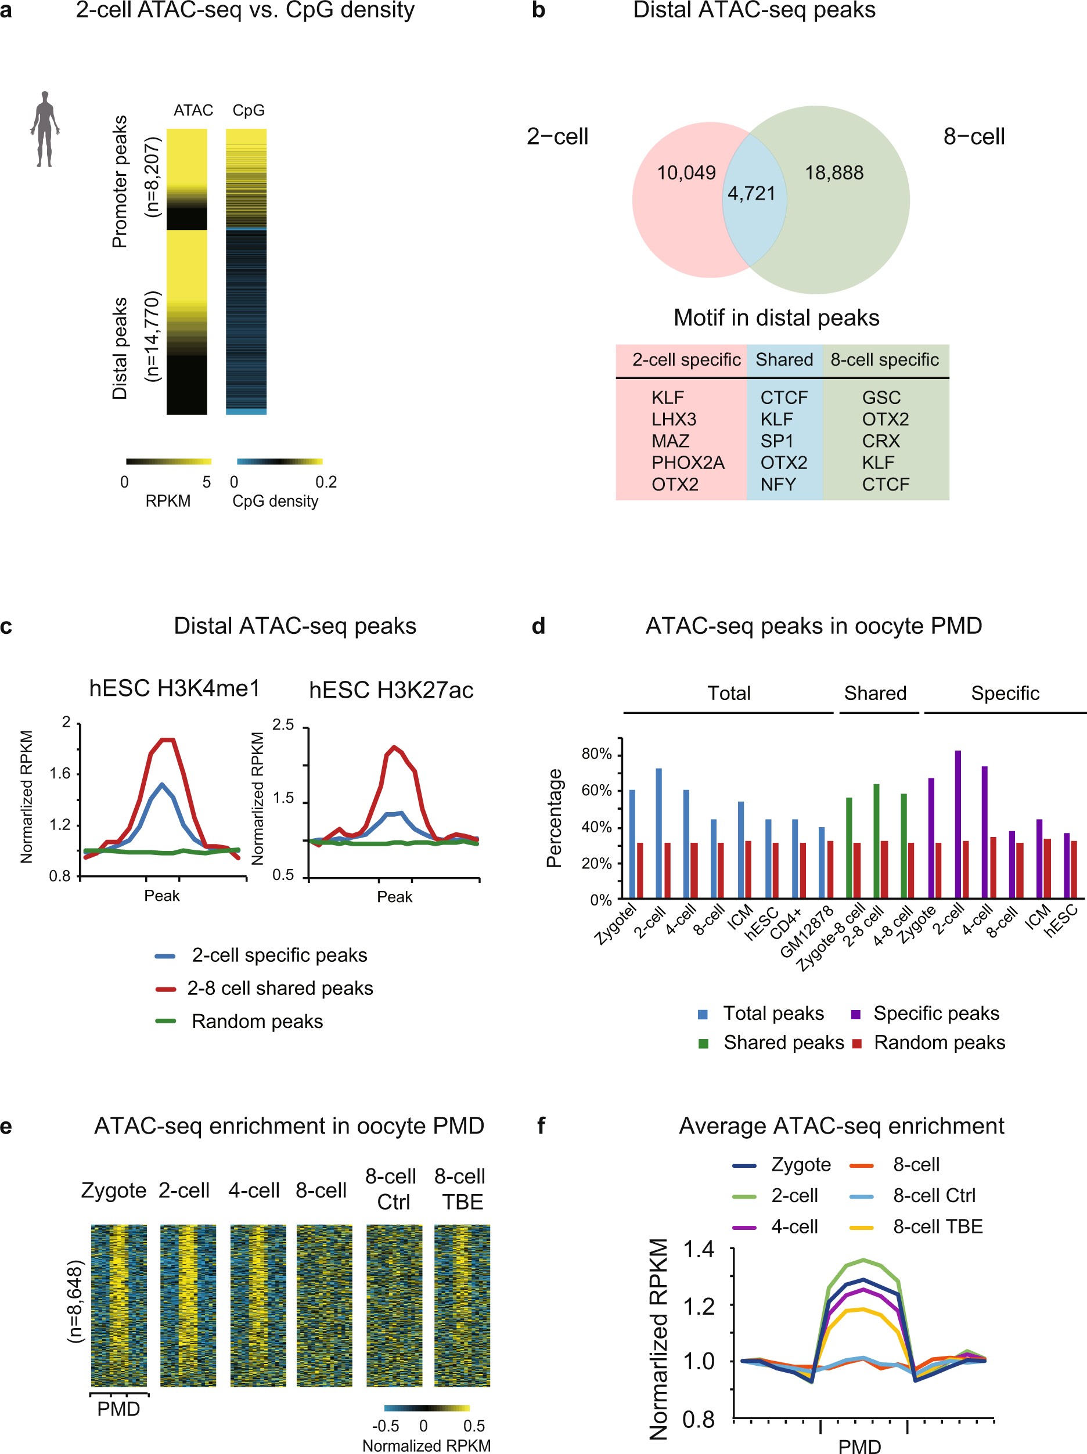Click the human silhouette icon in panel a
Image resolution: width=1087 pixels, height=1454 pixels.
pyautogui.click(x=45, y=129)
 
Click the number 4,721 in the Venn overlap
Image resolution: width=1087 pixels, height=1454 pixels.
pyautogui.click(x=751, y=193)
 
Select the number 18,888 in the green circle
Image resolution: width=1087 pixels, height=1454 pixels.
pyautogui.click(x=834, y=173)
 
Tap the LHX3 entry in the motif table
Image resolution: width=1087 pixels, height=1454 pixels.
pyautogui.click(x=674, y=420)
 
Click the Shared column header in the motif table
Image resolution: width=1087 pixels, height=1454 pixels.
pyautogui.click(x=784, y=359)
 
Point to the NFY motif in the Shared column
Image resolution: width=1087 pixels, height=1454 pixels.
pyautogui.click(x=778, y=485)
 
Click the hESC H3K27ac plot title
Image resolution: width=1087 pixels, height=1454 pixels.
pyautogui.click(x=391, y=690)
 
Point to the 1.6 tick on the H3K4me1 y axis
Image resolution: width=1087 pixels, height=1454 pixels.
pyautogui.click(x=60, y=773)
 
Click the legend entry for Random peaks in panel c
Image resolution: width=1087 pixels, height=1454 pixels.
pyautogui.click(x=257, y=1022)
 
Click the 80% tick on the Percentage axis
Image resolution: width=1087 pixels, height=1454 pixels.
pyautogui.click(x=596, y=754)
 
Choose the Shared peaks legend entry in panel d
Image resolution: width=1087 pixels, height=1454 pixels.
pyautogui.click(x=783, y=1042)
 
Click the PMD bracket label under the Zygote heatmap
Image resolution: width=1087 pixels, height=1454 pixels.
pyautogui.click(x=118, y=1409)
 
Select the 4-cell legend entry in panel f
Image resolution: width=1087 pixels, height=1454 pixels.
pyautogui.click(x=794, y=1226)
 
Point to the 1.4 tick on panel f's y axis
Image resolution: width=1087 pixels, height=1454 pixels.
pyautogui.click(x=699, y=1250)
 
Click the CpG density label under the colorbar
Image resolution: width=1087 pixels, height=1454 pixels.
pyautogui.click(x=275, y=501)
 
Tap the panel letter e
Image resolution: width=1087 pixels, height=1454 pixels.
pyautogui.click(x=6, y=1126)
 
